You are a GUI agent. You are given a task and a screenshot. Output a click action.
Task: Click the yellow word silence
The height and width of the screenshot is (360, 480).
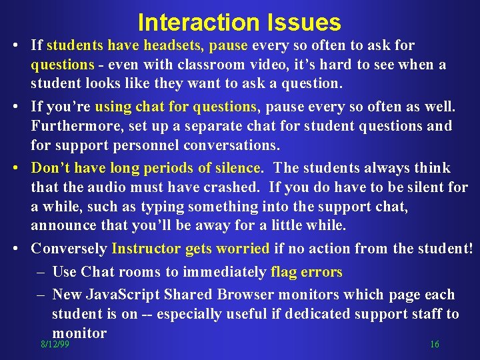(x=236, y=167)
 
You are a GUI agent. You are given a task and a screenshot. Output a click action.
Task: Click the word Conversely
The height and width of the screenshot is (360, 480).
(x=69, y=249)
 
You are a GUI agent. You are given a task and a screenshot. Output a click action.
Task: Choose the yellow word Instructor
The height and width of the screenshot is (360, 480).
(x=146, y=249)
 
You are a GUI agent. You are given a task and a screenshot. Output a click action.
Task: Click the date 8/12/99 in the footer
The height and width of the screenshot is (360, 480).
(x=55, y=345)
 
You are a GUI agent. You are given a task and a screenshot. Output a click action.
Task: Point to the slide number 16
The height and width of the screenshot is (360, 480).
(x=435, y=345)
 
